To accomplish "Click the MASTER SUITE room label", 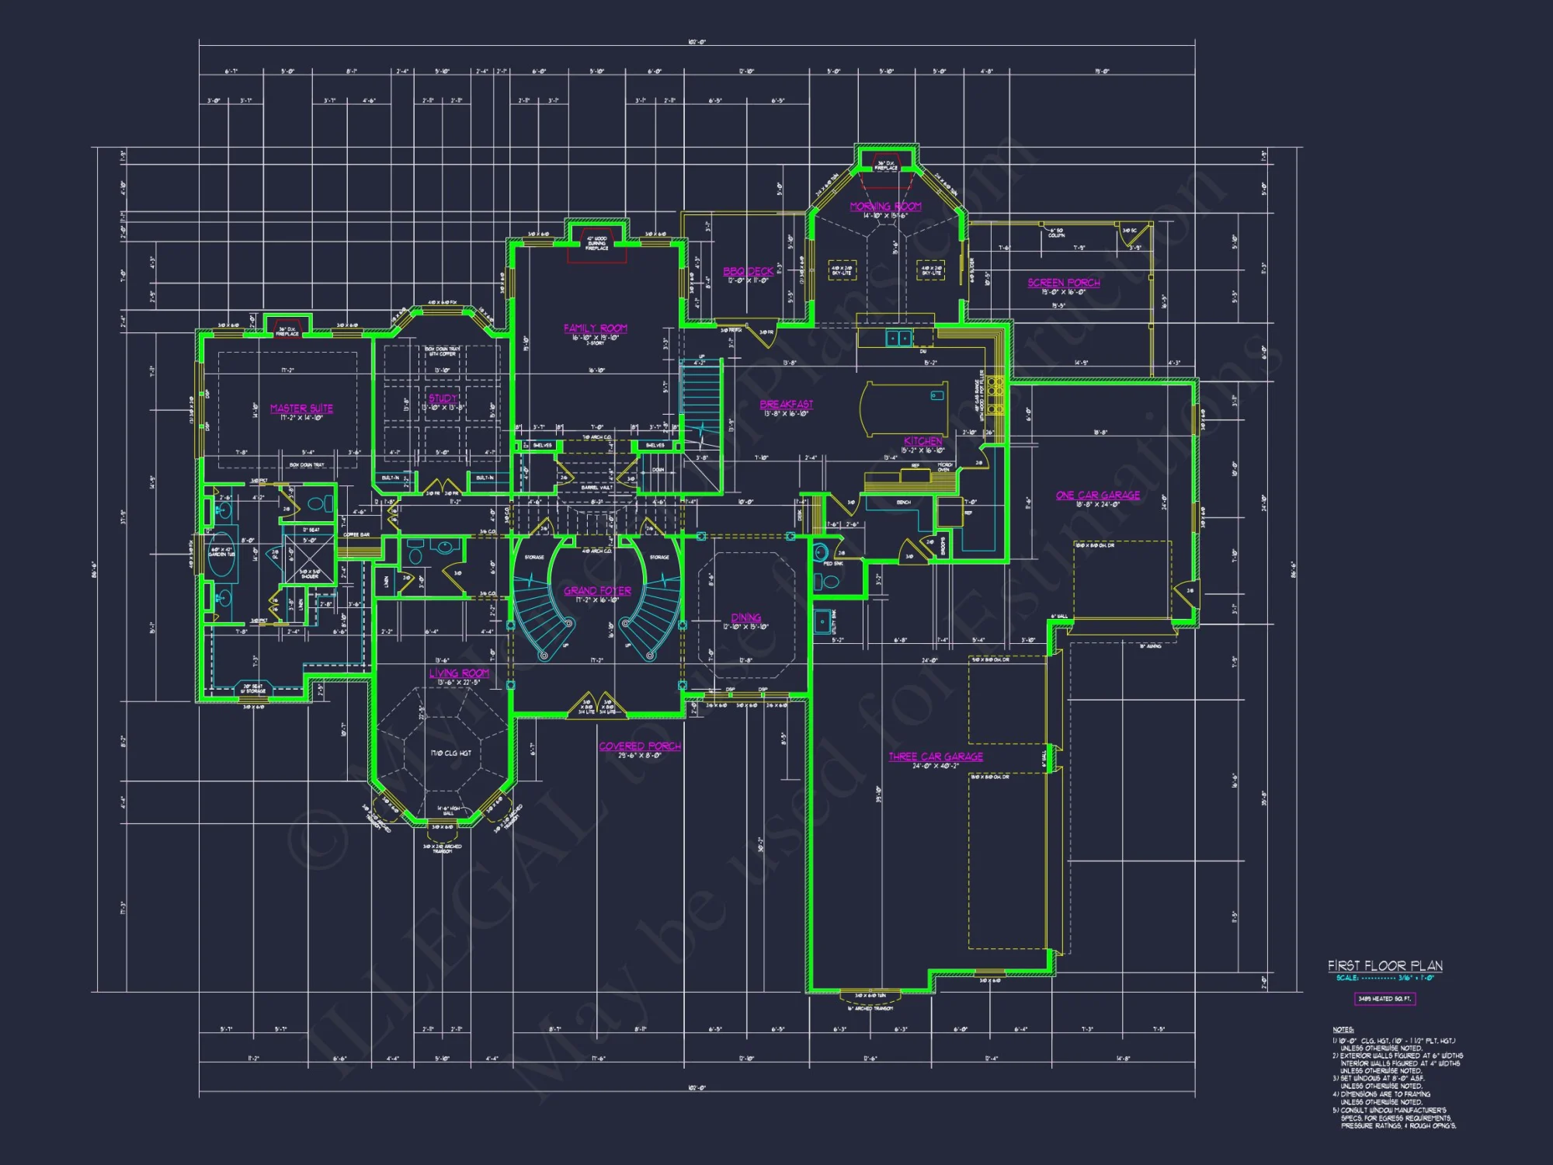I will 301,409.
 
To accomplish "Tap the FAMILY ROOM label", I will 596,329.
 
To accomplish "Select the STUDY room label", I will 443,398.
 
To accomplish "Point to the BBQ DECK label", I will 749,271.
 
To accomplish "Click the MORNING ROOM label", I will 885,206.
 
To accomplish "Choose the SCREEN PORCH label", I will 1064,283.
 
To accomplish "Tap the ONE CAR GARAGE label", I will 1098,495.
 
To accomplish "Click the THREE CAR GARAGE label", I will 936,756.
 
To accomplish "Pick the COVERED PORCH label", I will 640,746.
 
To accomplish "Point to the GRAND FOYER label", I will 597,591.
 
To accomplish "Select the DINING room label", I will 745,617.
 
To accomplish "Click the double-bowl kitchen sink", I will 899,338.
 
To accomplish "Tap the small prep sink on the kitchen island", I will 937,396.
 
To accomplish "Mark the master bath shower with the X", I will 310,558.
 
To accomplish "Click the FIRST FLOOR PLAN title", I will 1384,965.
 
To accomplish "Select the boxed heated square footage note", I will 1384,999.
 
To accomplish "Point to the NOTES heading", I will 1343,1030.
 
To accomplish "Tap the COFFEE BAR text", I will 356,534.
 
